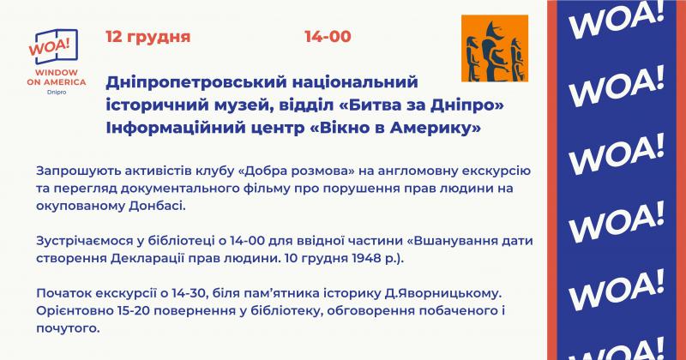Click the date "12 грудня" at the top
point(147,37)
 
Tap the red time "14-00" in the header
point(328,36)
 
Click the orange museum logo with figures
point(495,48)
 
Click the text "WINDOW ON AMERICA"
point(57,77)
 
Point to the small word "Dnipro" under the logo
point(57,93)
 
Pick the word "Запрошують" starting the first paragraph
point(78,171)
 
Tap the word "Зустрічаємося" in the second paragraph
point(84,241)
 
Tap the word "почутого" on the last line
point(68,328)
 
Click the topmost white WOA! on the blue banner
point(616,21)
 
